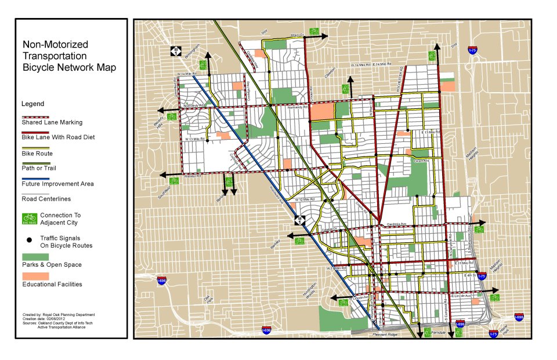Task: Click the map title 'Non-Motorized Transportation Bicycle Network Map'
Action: pos(68,56)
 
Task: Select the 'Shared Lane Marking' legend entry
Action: pos(52,122)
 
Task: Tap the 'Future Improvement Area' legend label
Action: pos(57,184)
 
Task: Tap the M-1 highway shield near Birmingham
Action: pos(175,51)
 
